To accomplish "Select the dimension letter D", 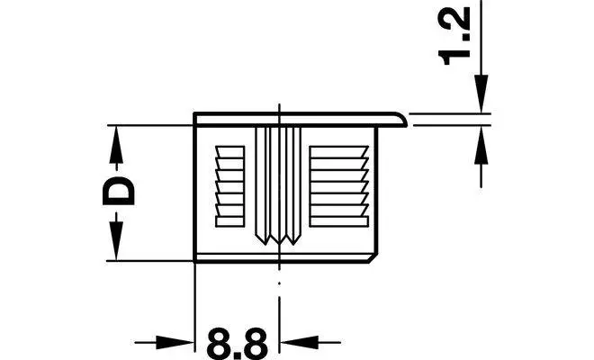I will [118, 192].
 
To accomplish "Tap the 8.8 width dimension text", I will [237, 343].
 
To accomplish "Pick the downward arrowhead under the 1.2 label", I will [481, 101].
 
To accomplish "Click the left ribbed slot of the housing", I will [230, 184].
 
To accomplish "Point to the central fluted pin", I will [278, 180].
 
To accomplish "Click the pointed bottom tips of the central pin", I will [278, 239].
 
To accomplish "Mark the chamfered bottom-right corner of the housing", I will [373, 257].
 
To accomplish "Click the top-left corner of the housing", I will [196, 114].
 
